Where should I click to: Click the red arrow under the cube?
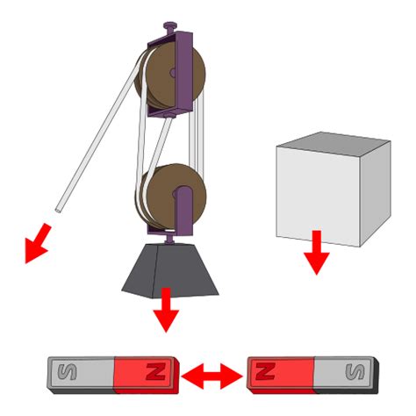tap(316, 254)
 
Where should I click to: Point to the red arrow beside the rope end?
tap(36, 244)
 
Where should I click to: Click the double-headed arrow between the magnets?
tap(214, 376)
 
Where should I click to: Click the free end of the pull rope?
tap(58, 209)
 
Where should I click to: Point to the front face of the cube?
tap(316, 197)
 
